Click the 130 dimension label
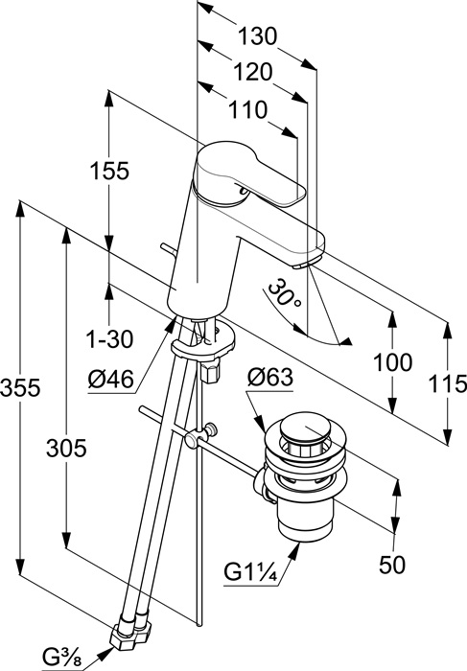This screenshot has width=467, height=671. pyautogui.click(x=258, y=36)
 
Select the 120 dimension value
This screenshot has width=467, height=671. pyautogui.click(x=252, y=72)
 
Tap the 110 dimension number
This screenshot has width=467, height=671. pyautogui.click(x=247, y=110)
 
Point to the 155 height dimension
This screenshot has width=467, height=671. pyautogui.click(x=109, y=171)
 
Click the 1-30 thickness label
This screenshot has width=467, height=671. pyautogui.click(x=110, y=339)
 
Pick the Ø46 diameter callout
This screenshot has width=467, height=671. pyautogui.click(x=111, y=379)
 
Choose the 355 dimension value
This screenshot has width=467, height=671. pyautogui.click(x=20, y=387)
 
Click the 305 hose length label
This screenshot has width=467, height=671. pyautogui.click(x=66, y=449)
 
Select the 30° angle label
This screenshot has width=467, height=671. pyautogui.click(x=284, y=293)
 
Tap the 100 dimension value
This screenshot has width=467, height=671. pyautogui.click(x=393, y=362)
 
